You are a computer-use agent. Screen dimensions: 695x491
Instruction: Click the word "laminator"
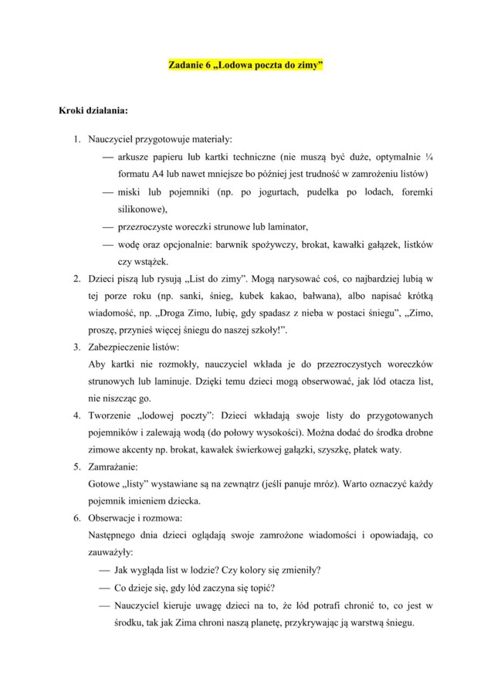(285, 226)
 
